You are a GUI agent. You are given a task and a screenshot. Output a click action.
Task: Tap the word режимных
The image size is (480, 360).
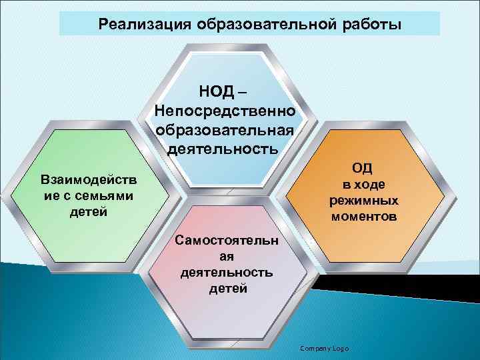tap(363, 201)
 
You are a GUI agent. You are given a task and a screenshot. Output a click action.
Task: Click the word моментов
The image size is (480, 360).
tap(363, 217)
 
